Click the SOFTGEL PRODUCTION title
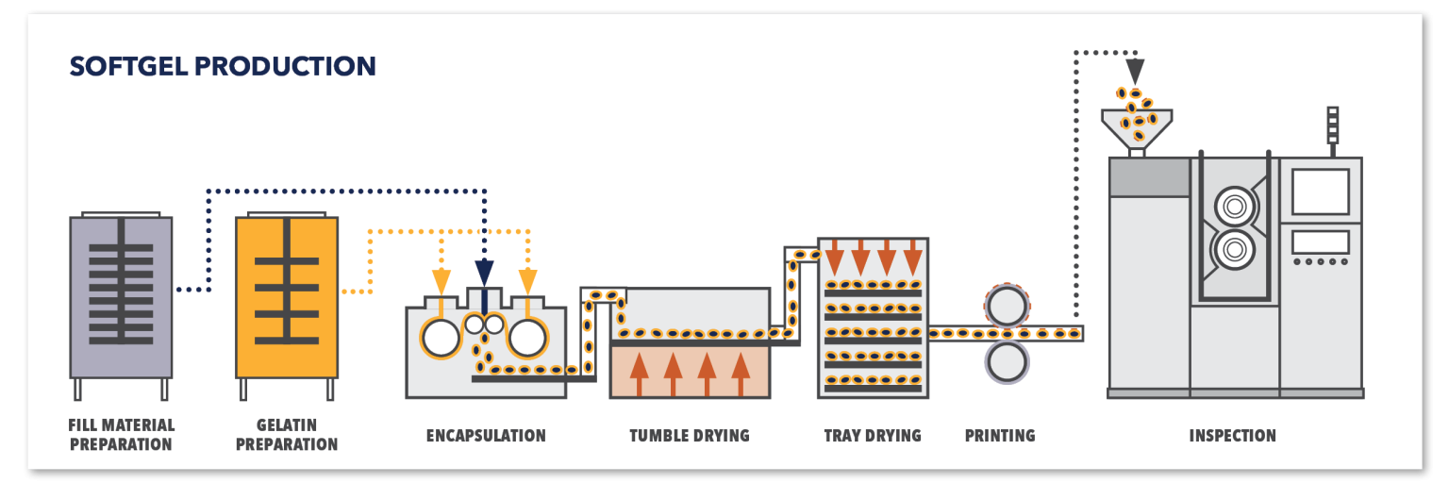click(x=223, y=66)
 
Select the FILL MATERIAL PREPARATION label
click(x=121, y=435)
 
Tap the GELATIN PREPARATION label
click(x=287, y=435)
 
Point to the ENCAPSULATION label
click(x=486, y=436)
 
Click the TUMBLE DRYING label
click(x=690, y=436)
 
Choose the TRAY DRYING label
click(x=873, y=436)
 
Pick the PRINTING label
click(x=1000, y=436)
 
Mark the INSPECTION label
click(x=1232, y=436)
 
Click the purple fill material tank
click(x=121, y=297)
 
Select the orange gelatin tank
click(x=287, y=297)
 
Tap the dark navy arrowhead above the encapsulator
click(x=485, y=274)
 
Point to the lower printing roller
click(x=1006, y=361)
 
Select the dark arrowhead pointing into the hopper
click(x=1135, y=71)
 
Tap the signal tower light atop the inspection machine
click(x=1333, y=125)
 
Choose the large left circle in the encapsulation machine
click(x=441, y=338)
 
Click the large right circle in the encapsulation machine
click(x=527, y=338)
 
